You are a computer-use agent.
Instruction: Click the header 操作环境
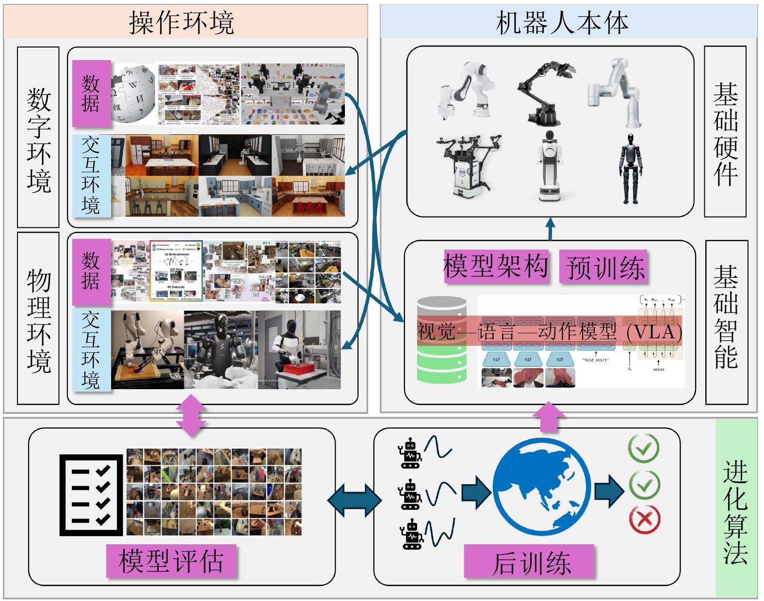click(181, 22)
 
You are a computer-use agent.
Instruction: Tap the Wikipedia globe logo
click(132, 95)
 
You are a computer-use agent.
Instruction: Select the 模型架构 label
click(496, 266)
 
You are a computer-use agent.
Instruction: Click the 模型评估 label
click(171, 561)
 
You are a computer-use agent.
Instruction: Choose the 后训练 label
click(530, 562)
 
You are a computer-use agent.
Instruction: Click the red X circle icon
click(644, 520)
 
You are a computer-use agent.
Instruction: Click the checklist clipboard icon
click(91, 495)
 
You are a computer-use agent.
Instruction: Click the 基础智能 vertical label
click(726, 317)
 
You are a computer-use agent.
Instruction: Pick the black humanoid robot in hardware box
click(631, 169)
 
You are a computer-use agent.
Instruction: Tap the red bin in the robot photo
click(299, 368)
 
